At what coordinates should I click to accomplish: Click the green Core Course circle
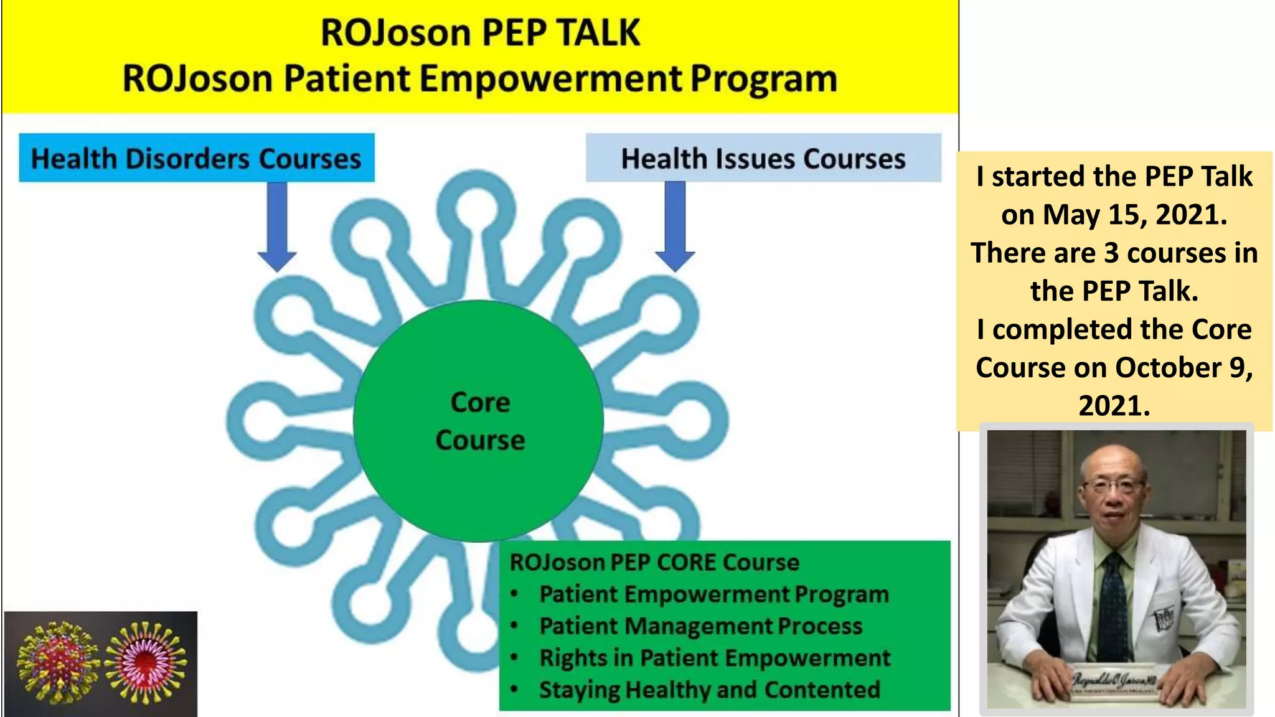coord(478,421)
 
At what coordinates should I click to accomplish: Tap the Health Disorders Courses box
coord(197,158)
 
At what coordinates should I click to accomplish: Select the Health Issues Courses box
coord(763,158)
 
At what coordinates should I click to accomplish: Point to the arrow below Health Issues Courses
coord(675,225)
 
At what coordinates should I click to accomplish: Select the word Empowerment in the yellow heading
coord(550,79)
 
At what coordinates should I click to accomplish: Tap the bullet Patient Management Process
coord(700,626)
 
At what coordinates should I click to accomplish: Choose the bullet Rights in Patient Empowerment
coord(715,658)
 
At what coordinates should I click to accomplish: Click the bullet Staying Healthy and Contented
coord(710,690)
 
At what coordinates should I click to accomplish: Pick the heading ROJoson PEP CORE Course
coord(654,563)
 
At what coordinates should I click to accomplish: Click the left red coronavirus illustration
coord(57,661)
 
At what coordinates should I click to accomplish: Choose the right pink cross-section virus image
coord(146,662)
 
